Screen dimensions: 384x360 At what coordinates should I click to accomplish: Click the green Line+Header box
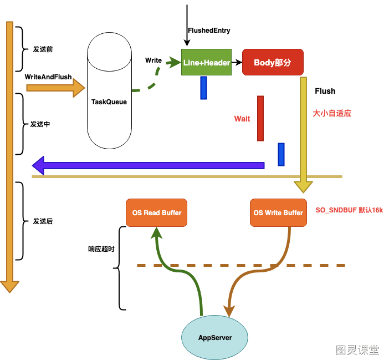coord(206,62)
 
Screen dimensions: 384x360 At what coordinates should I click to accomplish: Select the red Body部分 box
coord(273,62)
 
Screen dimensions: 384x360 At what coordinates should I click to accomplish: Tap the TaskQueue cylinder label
coord(109,102)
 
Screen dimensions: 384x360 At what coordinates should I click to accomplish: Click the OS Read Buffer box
coord(156,212)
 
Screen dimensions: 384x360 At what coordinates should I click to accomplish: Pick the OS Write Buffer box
coord(278,212)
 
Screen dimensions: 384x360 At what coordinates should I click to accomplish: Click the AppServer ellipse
coord(215,337)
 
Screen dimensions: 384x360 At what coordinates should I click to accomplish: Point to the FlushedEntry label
coord(209,31)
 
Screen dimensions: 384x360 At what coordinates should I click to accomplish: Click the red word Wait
coord(242,119)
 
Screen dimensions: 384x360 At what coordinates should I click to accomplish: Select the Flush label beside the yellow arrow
coord(325,91)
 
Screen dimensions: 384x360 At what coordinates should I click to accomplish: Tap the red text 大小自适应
coord(332,113)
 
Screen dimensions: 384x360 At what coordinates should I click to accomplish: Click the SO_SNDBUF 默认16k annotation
coord(349,210)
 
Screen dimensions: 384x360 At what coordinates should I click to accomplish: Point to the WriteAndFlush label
coord(48,77)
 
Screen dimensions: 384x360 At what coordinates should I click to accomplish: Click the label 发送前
coord(43,49)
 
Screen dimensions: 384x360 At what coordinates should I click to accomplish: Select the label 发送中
coord(40,124)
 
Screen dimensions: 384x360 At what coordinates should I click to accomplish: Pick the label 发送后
coord(43,221)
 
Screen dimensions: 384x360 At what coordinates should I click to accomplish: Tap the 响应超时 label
coord(101,249)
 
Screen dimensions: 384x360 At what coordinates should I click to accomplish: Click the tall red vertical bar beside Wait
coord(260,119)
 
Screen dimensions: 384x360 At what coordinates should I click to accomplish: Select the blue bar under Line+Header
coord(203,88)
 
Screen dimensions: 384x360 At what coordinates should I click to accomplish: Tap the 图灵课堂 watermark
coord(357,349)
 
